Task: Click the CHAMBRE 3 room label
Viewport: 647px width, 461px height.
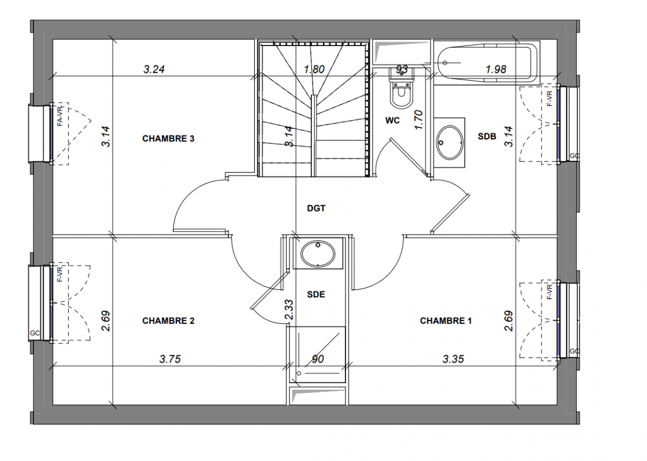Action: click(x=168, y=138)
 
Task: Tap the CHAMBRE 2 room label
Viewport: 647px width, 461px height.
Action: click(x=168, y=321)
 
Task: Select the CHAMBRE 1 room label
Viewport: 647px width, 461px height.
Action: click(x=446, y=321)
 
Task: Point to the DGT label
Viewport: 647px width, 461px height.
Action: click(x=316, y=209)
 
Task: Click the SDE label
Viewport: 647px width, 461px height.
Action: click(x=316, y=294)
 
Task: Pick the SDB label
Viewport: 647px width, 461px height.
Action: click(x=487, y=136)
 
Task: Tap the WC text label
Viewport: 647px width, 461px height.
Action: click(x=392, y=120)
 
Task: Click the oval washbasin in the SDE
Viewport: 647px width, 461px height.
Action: click(x=318, y=254)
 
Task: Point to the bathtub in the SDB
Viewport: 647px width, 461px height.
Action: click(x=487, y=63)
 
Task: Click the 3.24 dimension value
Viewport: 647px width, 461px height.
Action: click(x=154, y=69)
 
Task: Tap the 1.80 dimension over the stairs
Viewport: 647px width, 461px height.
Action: click(x=314, y=69)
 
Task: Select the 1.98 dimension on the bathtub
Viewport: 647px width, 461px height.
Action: click(x=495, y=69)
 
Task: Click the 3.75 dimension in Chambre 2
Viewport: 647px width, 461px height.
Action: click(x=170, y=359)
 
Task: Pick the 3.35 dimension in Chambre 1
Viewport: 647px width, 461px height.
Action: click(x=453, y=359)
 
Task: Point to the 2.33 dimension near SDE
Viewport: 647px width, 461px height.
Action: click(x=289, y=309)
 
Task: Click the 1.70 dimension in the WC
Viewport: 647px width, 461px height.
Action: click(x=419, y=120)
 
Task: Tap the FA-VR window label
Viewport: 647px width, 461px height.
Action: click(x=60, y=116)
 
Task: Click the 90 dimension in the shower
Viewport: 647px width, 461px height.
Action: click(x=317, y=359)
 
